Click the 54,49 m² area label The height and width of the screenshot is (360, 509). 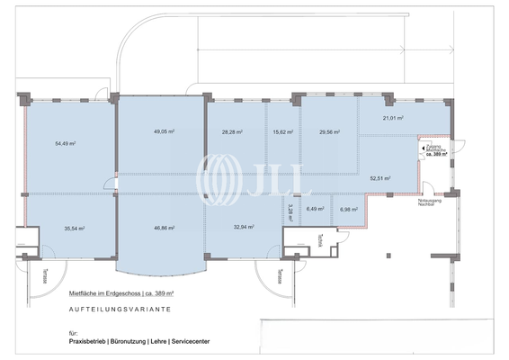click(x=65, y=143)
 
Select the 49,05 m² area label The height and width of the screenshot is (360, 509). click(x=164, y=131)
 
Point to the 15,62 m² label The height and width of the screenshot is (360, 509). click(x=282, y=131)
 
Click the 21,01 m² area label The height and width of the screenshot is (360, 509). click(x=393, y=118)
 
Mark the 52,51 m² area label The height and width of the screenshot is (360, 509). click(x=381, y=177)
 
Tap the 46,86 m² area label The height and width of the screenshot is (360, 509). click(x=164, y=229)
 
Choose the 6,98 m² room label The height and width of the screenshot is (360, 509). click(x=349, y=210)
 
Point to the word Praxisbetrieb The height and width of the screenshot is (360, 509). click(x=88, y=342)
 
